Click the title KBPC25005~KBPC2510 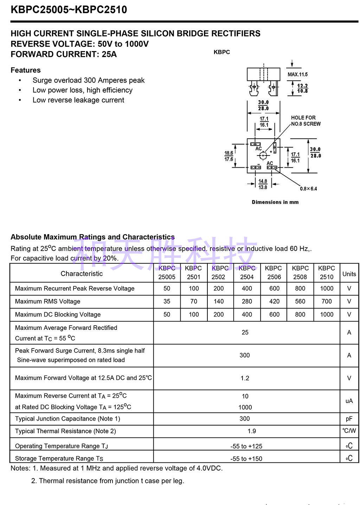[69, 9]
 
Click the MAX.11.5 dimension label [297, 74]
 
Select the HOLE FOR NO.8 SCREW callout [306, 121]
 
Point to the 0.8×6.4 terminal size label [308, 189]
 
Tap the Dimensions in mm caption [275, 202]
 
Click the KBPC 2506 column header [274, 273]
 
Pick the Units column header [349, 274]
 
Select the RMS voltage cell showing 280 [247, 301]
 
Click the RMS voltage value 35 [167, 301]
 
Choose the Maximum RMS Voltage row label [47, 301]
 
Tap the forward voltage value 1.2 [245, 378]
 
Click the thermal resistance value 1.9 [251, 431]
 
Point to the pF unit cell [349, 419]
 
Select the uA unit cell [349, 401]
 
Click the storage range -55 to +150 [246, 459]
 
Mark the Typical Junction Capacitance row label [67, 419]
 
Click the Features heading [26, 70]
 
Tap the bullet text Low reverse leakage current [78, 100]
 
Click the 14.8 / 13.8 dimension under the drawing [263, 184]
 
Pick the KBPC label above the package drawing [221, 52]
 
